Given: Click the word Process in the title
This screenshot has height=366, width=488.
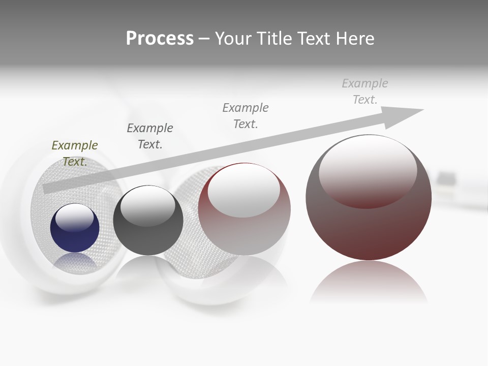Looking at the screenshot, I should pyautogui.click(x=160, y=39).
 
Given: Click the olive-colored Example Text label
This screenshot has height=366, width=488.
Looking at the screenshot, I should pyautogui.click(x=75, y=153).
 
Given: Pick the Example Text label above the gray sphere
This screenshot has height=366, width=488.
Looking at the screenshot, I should pyautogui.click(x=150, y=136).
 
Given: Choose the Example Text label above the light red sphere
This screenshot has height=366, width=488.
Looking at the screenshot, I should pyautogui.click(x=246, y=115).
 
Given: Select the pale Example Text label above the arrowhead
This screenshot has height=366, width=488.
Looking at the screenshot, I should pyautogui.click(x=364, y=91).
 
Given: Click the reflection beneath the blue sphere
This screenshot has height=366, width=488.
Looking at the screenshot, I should pyautogui.click(x=75, y=261).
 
